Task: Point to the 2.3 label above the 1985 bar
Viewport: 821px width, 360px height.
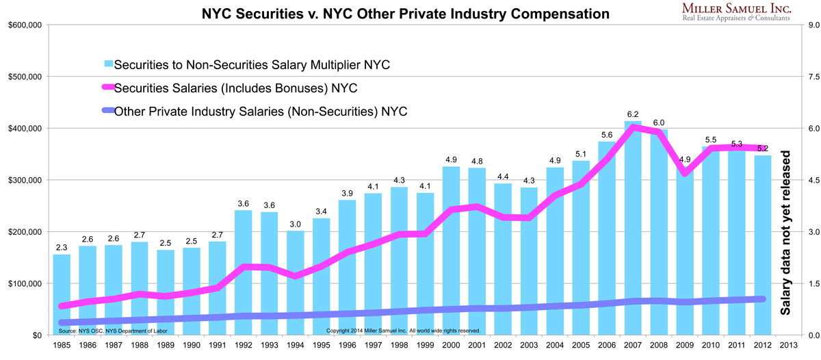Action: pos(62,246)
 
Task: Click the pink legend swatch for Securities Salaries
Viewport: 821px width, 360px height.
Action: pos(108,88)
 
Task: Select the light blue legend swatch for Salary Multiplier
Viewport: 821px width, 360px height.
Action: pos(108,64)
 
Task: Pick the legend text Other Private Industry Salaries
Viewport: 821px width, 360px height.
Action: pos(260,111)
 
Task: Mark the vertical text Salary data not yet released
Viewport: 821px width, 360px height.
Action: pos(787,233)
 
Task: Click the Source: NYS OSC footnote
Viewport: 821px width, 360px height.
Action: pos(113,331)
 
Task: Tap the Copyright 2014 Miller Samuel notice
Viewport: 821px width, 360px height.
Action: pos(404,331)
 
